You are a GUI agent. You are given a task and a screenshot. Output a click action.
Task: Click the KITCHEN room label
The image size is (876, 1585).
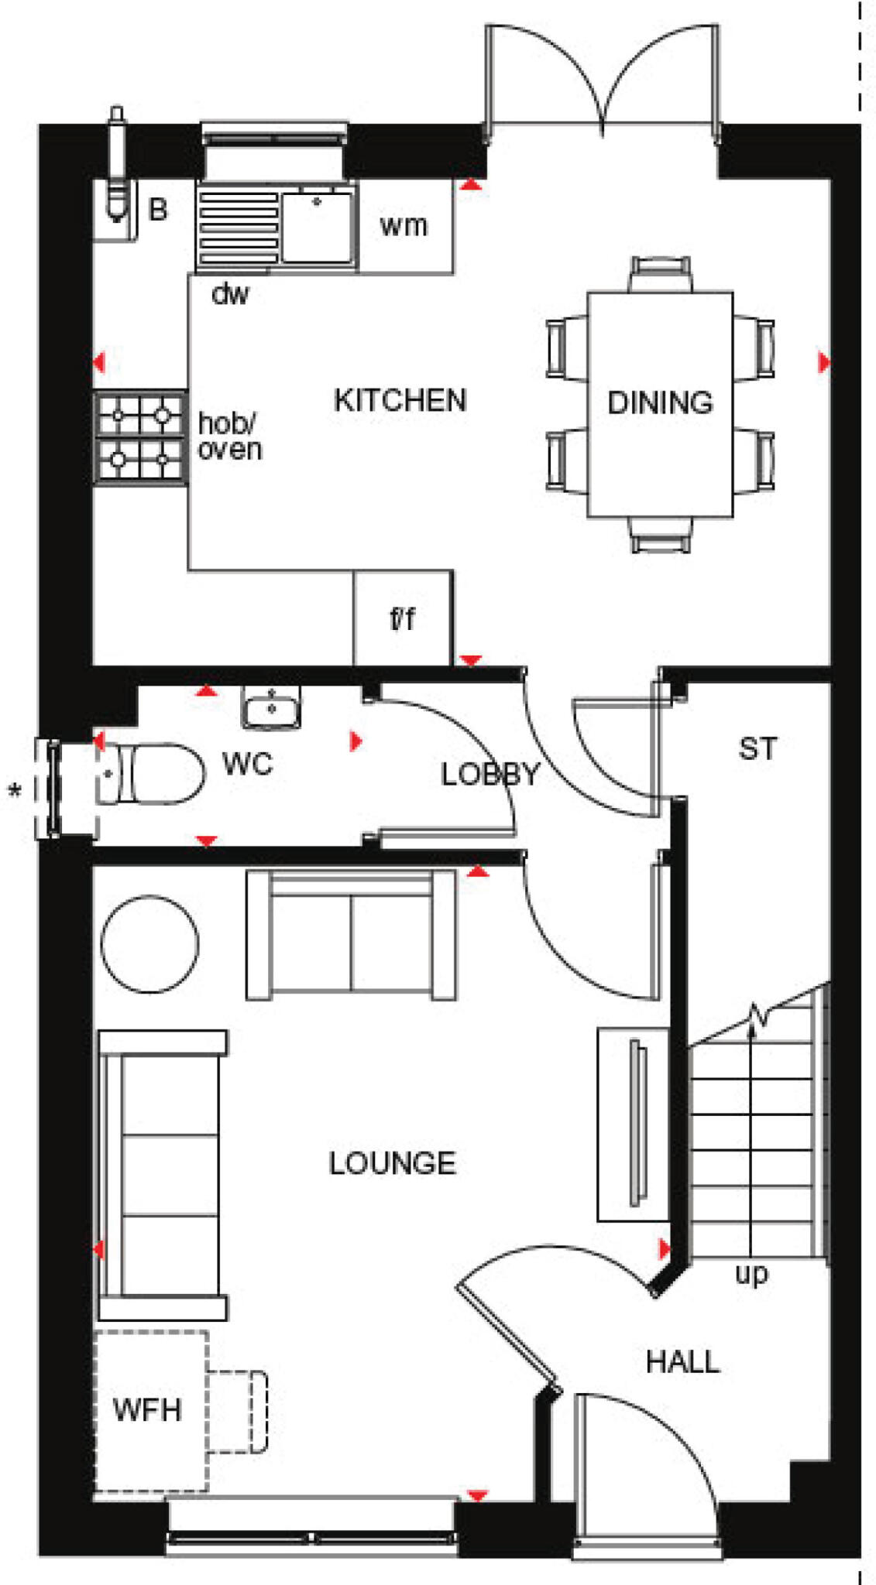[x=400, y=400]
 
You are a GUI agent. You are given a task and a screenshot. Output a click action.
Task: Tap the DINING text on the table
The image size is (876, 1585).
[x=660, y=402]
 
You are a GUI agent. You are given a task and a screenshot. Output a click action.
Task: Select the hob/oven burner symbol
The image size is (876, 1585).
[x=140, y=437]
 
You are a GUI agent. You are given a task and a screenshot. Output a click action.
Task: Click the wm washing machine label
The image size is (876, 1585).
[x=404, y=225]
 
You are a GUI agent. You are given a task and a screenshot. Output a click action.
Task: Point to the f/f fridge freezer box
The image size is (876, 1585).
[x=403, y=618]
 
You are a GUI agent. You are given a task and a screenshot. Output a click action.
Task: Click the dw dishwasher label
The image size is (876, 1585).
[x=230, y=293]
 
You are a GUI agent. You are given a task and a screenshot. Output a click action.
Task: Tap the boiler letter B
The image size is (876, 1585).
[x=158, y=209]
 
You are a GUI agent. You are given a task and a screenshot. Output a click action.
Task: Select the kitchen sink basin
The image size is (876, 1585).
[x=316, y=228]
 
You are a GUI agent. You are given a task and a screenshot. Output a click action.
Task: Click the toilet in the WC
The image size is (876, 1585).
[x=155, y=773]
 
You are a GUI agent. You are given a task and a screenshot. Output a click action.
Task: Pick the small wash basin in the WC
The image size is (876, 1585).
[x=271, y=707]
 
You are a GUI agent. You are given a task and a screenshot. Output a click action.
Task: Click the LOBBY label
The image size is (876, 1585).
[x=490, y=774]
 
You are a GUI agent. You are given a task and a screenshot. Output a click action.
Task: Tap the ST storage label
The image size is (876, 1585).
[x=757, y=748]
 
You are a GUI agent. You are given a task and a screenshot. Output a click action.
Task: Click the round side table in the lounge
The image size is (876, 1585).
[x=149, y=943]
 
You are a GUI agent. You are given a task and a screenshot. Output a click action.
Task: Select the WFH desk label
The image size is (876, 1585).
[x=147, y=1409]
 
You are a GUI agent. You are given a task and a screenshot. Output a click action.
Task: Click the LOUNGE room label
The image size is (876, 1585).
[x=392, y=1163]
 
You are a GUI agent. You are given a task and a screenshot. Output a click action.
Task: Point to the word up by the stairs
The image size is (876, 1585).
[x=751, y=1273]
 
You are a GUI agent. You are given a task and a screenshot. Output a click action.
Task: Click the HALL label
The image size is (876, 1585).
[x=682, y=1361]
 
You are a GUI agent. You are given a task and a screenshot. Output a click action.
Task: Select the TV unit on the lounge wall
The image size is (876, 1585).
[x=632, y=1124]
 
